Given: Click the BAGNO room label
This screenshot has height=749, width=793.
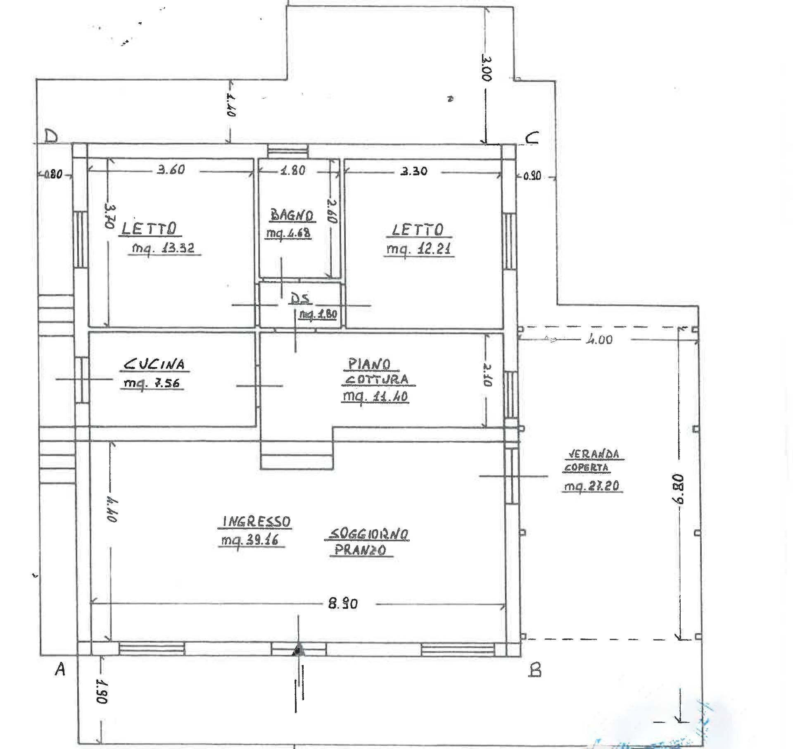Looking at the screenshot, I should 292,215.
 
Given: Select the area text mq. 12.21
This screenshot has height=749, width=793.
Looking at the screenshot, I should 419,249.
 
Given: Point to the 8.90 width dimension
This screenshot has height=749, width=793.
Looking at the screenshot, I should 343,604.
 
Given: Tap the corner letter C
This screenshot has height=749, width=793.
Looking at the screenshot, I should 532,137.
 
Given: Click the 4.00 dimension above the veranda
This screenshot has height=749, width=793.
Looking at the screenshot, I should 598,340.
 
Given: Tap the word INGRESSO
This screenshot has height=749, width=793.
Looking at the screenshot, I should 256,522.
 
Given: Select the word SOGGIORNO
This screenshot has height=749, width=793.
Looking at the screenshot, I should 368,534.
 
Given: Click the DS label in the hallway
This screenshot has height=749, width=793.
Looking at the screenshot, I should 300,298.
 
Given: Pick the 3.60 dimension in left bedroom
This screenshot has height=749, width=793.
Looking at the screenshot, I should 171,169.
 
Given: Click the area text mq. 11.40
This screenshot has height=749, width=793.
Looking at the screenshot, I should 375,396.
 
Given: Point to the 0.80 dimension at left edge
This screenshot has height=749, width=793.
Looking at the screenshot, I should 53,175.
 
